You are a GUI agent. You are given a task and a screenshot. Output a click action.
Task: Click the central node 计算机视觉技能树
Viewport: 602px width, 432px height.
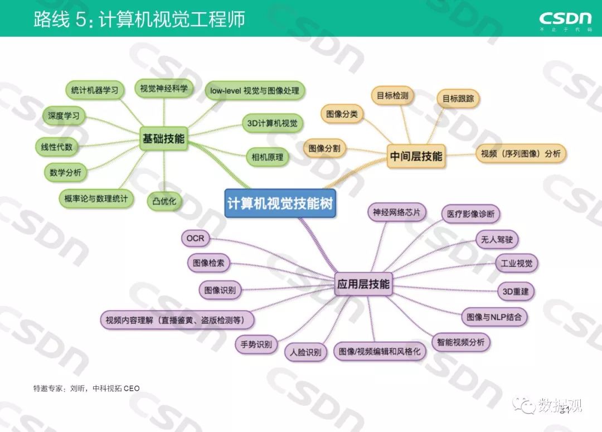click(279, 203)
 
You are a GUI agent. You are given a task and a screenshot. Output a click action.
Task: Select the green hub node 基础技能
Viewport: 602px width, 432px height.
click(163, 139)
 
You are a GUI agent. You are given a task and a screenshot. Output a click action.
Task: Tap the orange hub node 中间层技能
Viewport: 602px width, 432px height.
click(416, 157)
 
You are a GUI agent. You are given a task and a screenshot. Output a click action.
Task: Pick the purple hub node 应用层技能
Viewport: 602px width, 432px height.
click(363, 284)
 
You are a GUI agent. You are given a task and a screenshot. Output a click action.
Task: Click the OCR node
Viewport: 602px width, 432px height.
click(196, 239)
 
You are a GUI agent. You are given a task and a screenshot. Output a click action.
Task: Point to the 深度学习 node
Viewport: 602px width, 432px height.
click(64, 116)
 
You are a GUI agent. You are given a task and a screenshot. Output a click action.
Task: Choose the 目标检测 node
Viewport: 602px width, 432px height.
click(392, 95)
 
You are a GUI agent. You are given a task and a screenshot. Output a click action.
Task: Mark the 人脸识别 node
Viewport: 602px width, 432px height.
click(305, 352)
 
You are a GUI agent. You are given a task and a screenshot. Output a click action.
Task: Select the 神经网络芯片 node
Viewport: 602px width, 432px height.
click(397, 212)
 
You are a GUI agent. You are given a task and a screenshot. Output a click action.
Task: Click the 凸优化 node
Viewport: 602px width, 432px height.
click(164, 201)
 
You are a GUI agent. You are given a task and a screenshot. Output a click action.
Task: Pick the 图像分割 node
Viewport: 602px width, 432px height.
click(324, 148)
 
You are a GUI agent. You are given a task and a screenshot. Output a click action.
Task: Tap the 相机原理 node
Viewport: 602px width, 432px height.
click(265, 157)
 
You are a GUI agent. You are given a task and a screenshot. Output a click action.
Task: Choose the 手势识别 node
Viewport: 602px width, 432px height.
click(256, 344)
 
